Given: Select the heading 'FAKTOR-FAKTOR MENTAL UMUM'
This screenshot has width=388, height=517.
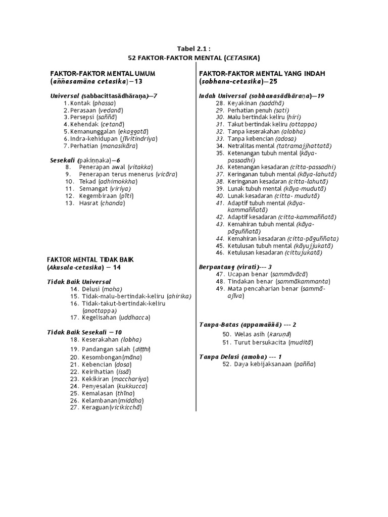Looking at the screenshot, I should pyautogui.click(x=102, y=73).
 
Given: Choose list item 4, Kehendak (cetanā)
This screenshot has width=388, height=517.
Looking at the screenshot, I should pyautogui.click(x=96, y=124).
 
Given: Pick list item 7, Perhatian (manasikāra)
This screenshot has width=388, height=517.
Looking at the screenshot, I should pyautogui.click(x=103, y=145).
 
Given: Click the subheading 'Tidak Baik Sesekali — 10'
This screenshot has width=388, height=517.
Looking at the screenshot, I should pyautogui.click(x=84, y=332).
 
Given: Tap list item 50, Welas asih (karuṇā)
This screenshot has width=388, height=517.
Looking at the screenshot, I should pyautogui.click(x=257, y=334).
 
